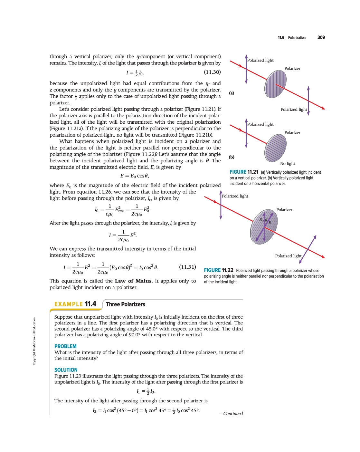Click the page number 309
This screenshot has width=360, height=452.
click(321, 37)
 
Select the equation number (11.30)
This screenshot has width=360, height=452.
click(212, 72)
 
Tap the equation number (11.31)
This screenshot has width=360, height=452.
click(187, 267)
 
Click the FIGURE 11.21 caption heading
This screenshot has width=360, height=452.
click(244, 172)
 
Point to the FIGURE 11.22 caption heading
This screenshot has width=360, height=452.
click(218, 270)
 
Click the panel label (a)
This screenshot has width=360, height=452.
click(232, 93)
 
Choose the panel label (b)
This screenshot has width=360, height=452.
click(232, 157)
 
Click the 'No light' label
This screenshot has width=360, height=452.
click(288, 163)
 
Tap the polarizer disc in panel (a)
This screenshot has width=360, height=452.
click(275, 84)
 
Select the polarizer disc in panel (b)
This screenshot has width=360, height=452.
click(275, 148)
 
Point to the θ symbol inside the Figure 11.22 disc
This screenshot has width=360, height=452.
click(266, 219)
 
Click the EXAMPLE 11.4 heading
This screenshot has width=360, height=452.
click(75, 304)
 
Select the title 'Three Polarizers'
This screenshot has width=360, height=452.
click(126, 304)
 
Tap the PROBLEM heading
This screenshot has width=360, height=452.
click(65, 346)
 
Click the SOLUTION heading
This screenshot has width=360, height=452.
click(66, 370)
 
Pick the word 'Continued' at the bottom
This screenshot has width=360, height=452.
click(233, 414)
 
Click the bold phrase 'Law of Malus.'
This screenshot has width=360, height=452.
click(134, 281)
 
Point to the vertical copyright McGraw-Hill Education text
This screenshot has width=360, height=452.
click(34, 341)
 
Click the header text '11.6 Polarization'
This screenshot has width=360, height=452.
click(292, 38)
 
